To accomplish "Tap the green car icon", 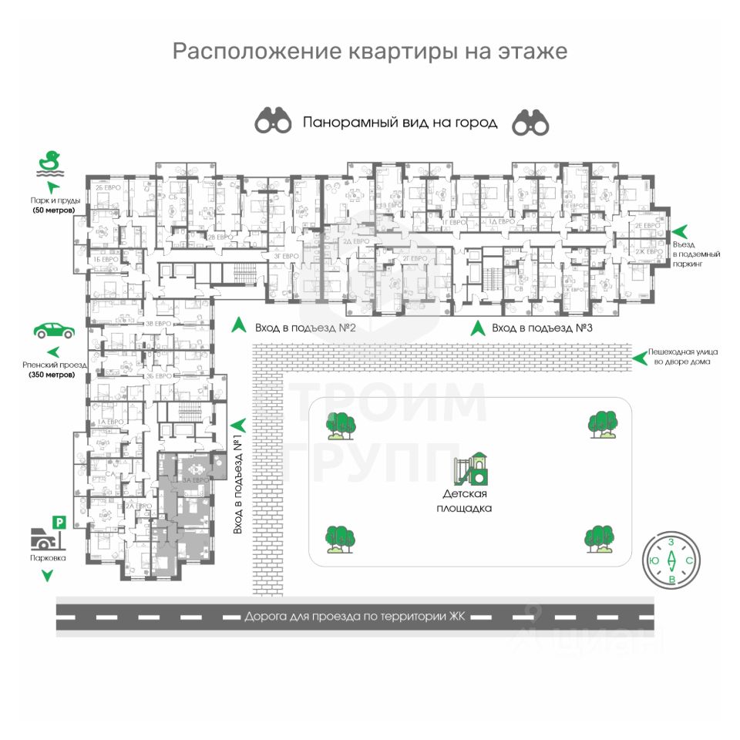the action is pyautogui.click(x=54, y=331).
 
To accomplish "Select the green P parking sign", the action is pyautogui.click(x=59, y=523).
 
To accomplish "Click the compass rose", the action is pyautogui.click(x=671, y=560).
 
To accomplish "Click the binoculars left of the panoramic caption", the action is pyautogui.click(x=274, y=121).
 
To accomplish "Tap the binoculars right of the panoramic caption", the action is pyautogui.click(x=530, y=121).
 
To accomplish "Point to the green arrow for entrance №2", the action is pyautogui.click(x=240, y=326).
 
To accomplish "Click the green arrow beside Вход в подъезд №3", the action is pyautogui.click(x=478, y=328).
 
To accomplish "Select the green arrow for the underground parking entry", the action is pyautogui.click(x=680, y=230).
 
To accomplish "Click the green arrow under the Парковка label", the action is pyautogui.click(x=48, y=575).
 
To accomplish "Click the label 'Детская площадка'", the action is pyautogui.click(x=467, y=501).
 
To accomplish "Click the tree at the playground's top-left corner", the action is pyautogui.click(x=340, y=425).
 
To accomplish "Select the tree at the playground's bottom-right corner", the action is pyautogui.click(x=600, y=539).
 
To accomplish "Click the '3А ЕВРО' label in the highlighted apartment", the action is pyautogui.click(x=194, y=480).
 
